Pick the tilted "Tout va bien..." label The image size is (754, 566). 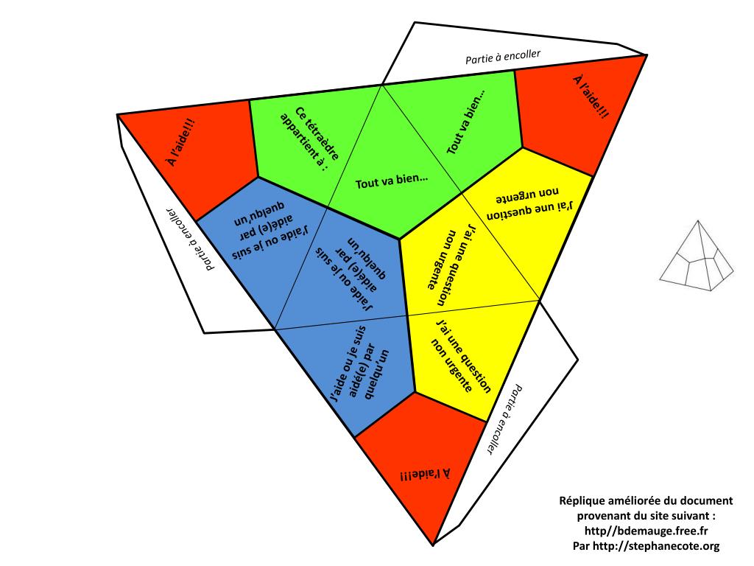click(467, 122)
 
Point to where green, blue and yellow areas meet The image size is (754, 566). click(400, 239)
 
